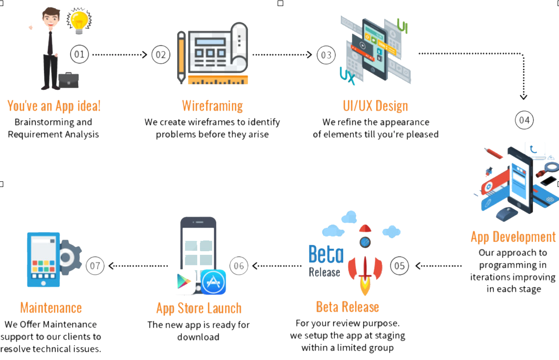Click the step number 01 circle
[80, 54]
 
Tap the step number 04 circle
[524, 120]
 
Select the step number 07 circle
[95, 266]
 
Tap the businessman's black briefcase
[68, 81]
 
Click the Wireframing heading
[212, 106]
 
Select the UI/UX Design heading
[375, 106]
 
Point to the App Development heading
[513, 237]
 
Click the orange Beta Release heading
[347, 307]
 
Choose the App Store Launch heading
[199, 308]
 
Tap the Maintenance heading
[51, 307]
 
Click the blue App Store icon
[214, 282]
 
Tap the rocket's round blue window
[365, 242]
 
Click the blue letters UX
[347, 76]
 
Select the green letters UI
[402, 26]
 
